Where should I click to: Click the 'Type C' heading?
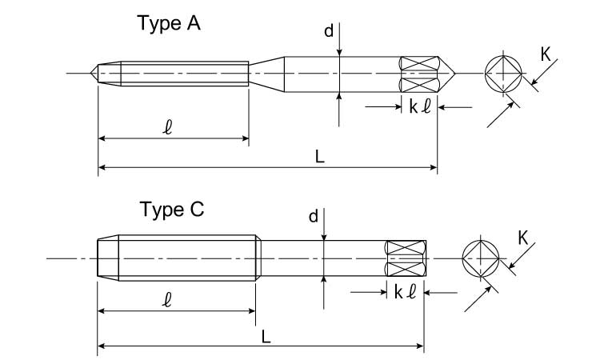coord(172,210)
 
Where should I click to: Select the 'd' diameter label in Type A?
coord(328,31)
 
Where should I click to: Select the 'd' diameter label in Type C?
coord(314,216)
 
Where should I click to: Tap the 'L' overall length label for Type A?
coord(319,158)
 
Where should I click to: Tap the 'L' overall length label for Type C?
coord(266,337)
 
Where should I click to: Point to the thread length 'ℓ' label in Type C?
coord(169,300)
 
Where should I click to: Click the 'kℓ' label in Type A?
coord(420,106)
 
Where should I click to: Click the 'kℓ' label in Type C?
coord(405,292)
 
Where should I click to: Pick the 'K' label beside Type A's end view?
coord(545,54)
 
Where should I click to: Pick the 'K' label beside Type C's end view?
coord(522,238)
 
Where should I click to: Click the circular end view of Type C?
coord(482,259)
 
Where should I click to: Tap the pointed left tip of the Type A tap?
coord(94,74)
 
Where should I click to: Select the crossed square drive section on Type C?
coord(405,258)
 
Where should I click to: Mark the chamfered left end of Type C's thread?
coord(107,258)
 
